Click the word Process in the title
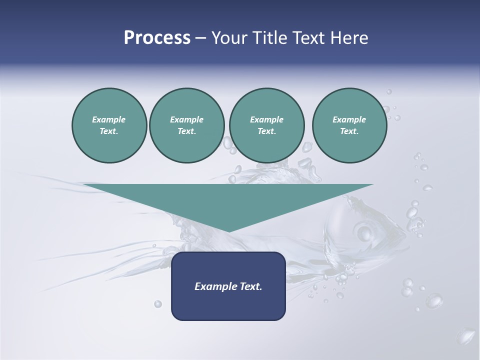157,38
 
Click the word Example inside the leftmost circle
109,119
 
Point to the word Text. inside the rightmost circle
349,131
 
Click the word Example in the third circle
266,119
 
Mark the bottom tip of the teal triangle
228,231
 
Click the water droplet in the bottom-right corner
467,336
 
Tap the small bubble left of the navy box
158,303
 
